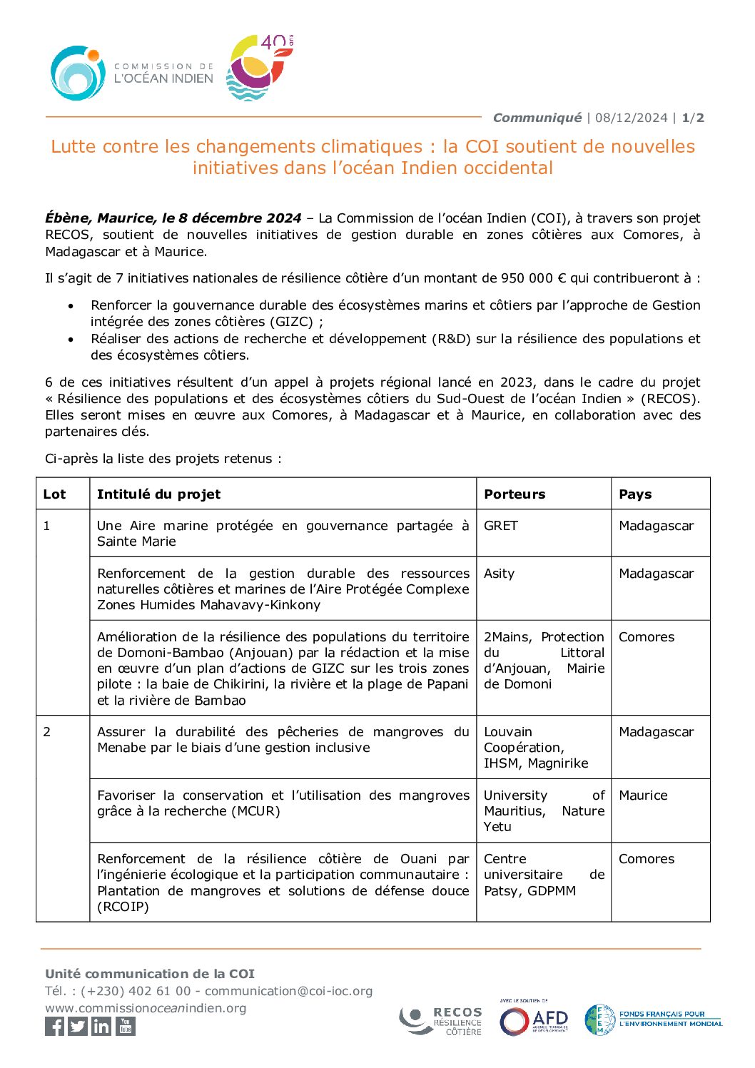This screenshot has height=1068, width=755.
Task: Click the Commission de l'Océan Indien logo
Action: coord(132,73)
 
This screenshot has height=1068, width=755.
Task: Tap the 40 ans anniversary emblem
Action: coord(259,68)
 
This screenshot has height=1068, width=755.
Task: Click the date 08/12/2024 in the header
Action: coord(631,118)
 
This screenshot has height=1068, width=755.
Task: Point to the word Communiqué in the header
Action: coord(537,118)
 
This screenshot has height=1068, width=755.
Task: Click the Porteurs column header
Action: coord(515,494)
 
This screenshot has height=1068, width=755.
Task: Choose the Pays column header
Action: coord(635,494)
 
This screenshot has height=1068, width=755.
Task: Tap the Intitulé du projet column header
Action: coord(158,494)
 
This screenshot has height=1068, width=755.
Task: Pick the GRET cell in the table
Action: coord(501,526)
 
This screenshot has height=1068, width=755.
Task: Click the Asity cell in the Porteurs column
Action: coord(499,574)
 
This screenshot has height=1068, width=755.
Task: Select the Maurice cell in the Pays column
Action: coord(643,795)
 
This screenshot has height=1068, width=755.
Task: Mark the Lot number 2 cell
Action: coord(47,732)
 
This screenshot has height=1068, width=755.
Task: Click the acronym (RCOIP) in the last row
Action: coord(123,907)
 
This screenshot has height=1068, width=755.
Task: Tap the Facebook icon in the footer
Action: coord(55,1026)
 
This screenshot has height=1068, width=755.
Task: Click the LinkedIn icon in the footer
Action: coord(102,1026)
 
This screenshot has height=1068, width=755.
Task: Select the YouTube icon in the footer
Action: coord(126,1026)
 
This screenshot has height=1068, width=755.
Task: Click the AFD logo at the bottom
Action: coord(534,1020)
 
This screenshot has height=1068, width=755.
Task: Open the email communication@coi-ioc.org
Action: coord(288,991)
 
